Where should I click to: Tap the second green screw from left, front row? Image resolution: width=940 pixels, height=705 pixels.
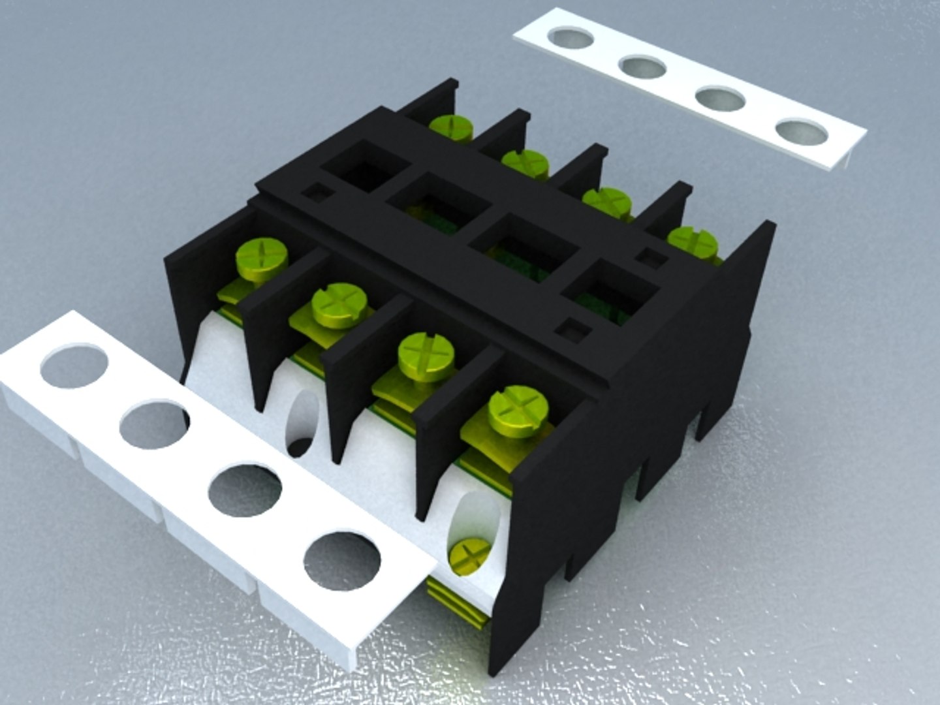click(x=337, y=303)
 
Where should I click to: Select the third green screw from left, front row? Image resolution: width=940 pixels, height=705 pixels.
click(x=426, y=355)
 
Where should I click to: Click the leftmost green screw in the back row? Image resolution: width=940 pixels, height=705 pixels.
click(x=451, y=127)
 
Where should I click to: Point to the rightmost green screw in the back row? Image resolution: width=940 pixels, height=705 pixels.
click(x=692, y=241)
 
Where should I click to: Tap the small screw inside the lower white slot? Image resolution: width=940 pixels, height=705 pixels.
click(x=470, y=555)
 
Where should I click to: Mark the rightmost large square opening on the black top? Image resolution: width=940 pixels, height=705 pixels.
click(x=610, y=291)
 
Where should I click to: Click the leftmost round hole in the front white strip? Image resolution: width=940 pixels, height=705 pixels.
click(x=73, y=366)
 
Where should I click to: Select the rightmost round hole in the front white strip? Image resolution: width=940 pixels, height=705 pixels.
click(x=342, y=561)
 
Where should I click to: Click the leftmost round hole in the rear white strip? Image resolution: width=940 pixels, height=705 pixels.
click(x=571, y=38)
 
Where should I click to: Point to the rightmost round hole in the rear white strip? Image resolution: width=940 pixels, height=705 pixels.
click(x=802, y=133)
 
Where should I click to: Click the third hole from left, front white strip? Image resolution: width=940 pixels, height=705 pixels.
click(x=245, y=490)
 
